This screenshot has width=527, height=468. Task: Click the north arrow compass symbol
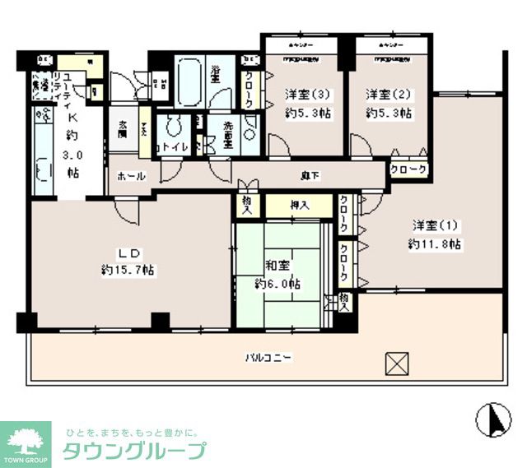(x=493, y=420)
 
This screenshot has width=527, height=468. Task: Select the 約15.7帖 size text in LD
(x=128, y=270)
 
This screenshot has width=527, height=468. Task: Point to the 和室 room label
(x=277, y=266)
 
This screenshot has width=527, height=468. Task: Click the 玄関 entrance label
(x=124, y=128)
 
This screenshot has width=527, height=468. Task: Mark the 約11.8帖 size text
(x=434, y=244)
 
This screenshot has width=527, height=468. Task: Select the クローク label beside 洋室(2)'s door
(x=408, y=169)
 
